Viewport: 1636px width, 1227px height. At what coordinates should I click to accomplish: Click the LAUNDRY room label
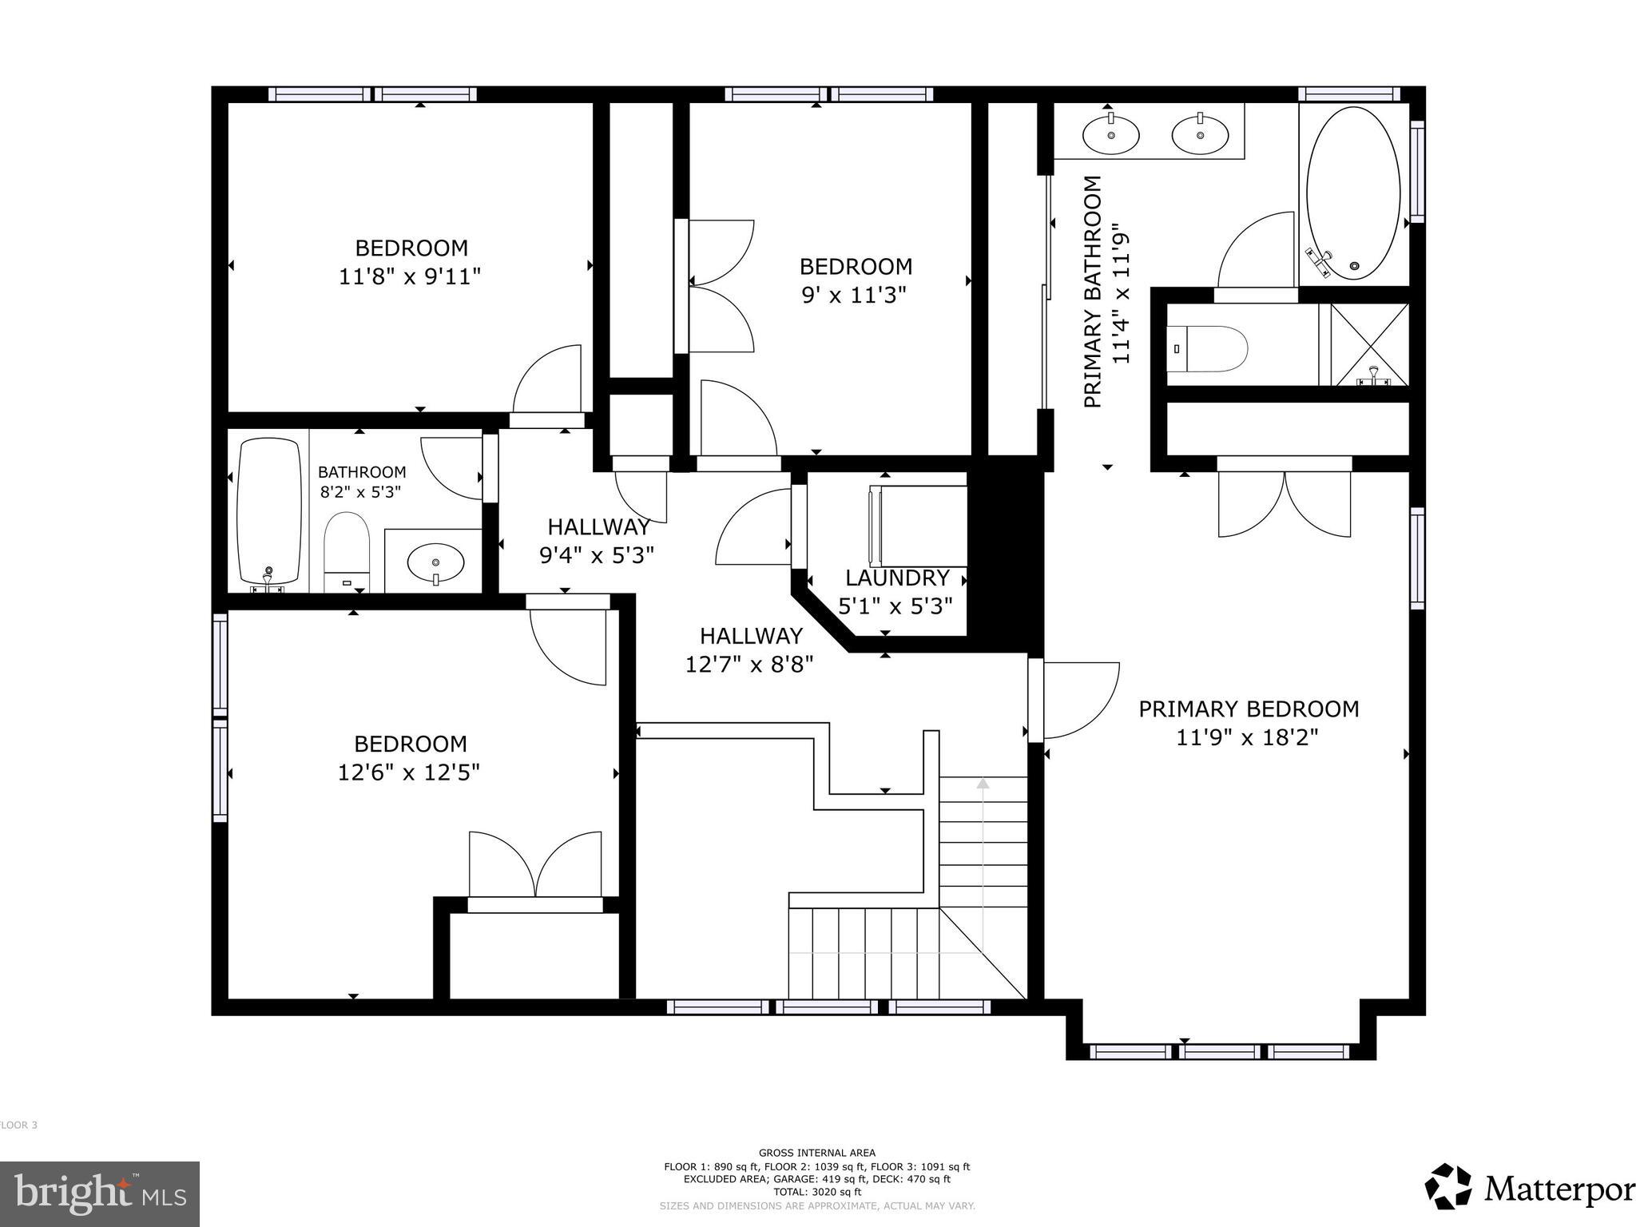(897, 578)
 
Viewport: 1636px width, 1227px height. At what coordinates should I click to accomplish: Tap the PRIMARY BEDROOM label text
(1248, 709)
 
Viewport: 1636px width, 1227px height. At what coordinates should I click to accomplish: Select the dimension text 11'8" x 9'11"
(410, 277)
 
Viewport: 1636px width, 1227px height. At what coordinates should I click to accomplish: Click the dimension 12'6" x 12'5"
(408, 772)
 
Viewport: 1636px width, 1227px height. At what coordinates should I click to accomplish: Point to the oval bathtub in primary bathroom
(1352, 193)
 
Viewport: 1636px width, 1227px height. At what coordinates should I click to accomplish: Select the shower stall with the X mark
(1369, 345)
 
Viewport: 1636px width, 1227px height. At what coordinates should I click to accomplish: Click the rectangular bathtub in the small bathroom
(268, 511)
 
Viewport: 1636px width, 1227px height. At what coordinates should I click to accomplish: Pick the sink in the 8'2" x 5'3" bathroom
(435, 563)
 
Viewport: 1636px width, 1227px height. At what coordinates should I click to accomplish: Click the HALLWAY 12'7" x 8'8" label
(750, 649)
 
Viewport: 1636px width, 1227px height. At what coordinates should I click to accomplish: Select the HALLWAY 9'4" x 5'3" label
(598, 541)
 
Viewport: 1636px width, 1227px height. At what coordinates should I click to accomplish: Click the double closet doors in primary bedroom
(1284, 503)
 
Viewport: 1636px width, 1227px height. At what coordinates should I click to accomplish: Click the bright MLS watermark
(99, 1193)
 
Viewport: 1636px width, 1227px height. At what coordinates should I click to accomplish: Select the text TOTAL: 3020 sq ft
(816, 1192)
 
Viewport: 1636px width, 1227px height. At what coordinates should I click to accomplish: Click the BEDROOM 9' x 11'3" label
(855, 280)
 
